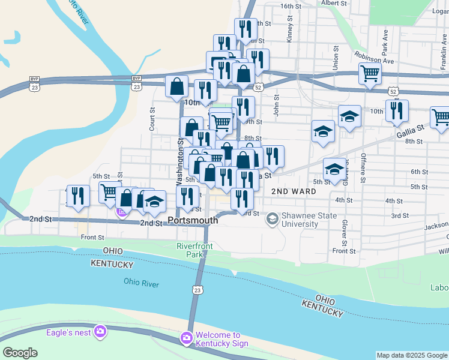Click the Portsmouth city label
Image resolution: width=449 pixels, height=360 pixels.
click(x=193, y=220)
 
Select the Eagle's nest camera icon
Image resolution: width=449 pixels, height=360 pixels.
click(x=100, y=331)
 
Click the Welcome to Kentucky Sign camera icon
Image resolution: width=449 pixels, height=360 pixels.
click(x=186, y=339)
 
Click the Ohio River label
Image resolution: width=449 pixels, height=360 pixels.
click(x=142, y=283)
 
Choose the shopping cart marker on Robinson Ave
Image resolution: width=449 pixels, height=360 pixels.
click(x=370, y=74)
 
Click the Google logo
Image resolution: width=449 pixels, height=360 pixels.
click(x=20, y=353)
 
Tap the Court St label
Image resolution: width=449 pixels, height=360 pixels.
click(x=152, y=119)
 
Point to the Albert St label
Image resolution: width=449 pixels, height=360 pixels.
click(x=334, y=3)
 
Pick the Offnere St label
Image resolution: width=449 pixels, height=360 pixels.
click(x=363, y=168)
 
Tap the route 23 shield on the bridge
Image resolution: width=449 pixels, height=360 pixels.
click(x=197, y=290)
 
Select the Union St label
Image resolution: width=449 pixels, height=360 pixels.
click(x=336, y=58)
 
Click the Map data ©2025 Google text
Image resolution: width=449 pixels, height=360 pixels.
click(x=412, y=355)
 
